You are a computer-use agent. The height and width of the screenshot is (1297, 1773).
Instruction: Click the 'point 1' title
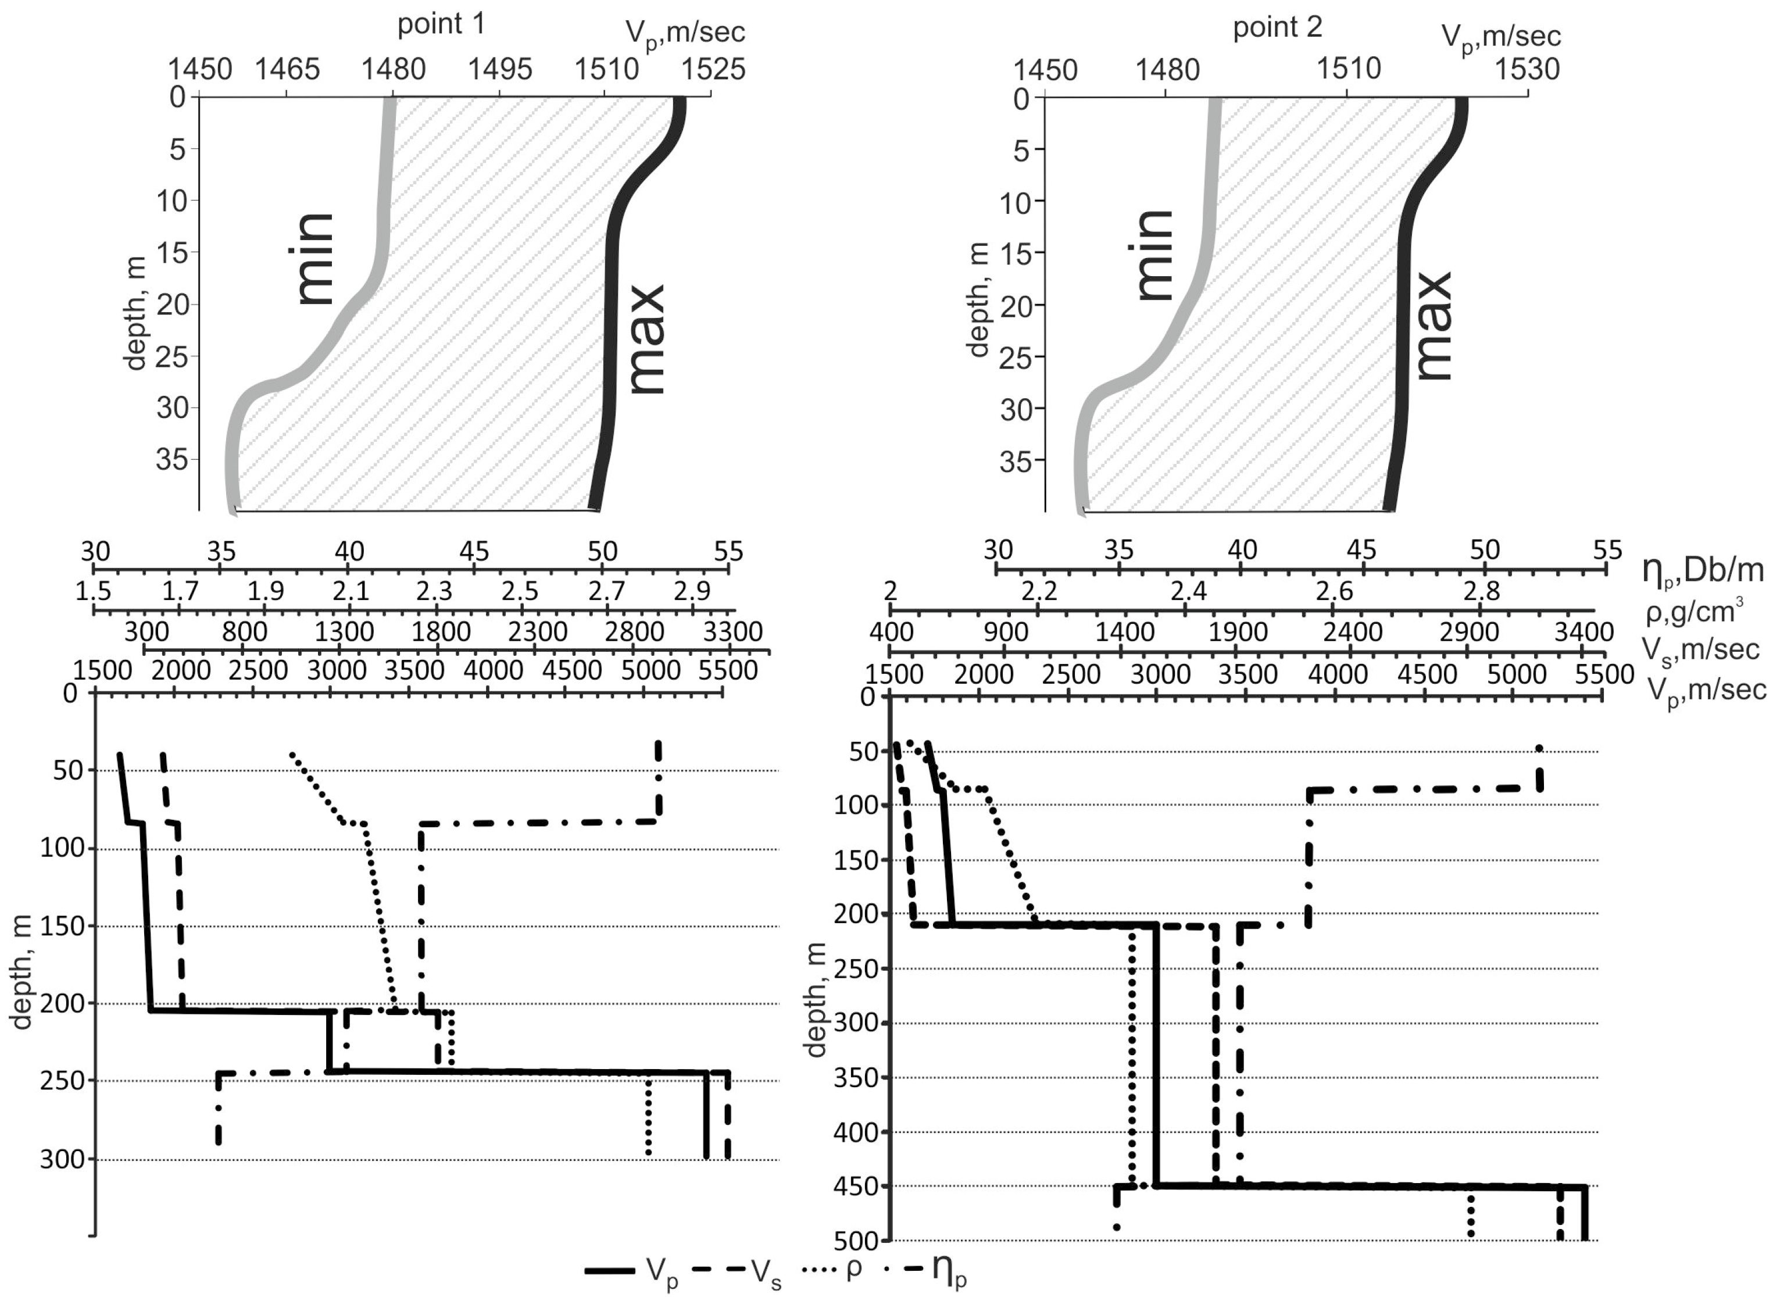click(x=441, y=24)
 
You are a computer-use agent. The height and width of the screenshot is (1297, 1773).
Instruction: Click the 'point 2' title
click(x=1277, y=27)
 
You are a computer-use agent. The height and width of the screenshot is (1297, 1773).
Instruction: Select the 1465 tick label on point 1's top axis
click(x=287, y=70)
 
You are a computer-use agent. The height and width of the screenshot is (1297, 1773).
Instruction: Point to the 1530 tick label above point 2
click(x=1526, y=70)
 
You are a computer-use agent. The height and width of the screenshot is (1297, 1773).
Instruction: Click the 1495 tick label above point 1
click(x=500, y=70)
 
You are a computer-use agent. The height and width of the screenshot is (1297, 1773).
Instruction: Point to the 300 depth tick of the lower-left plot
click(x=61, y=1160)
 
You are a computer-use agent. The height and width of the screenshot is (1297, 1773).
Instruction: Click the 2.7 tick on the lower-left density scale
click(x=606, y=591)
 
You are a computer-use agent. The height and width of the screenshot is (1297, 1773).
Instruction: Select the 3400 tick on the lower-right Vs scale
click(x=1583, y=632)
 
